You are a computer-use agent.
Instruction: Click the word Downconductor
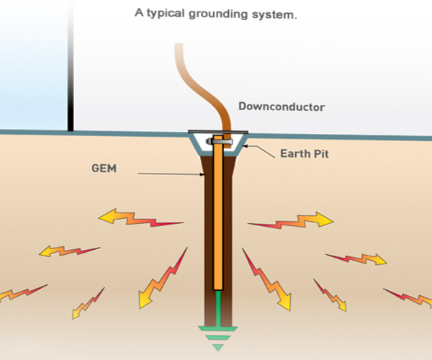point(282,107)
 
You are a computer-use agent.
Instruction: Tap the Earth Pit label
point(305,153)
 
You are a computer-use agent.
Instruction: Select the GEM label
point(104,168)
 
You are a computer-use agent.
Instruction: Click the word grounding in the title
point(218,14)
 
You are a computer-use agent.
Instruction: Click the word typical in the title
point(166,13)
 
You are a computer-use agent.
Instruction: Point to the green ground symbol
point(218,338)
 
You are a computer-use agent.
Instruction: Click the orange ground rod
point(218,212)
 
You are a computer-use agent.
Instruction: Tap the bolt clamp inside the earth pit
point(220,142)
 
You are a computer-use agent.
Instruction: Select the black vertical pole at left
point(71,66)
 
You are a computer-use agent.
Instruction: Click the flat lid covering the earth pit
point(218,132)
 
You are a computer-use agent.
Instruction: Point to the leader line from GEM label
point(171,174)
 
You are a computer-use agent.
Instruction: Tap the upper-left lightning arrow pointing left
point(141,217)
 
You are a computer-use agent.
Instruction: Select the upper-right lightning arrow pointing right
point(291,220)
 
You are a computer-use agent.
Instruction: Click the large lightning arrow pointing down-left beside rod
point(163,278)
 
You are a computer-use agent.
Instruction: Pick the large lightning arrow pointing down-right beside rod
point(266,279)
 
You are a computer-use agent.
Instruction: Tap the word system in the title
point(274,15)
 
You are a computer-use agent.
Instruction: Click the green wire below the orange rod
point(218,308)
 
